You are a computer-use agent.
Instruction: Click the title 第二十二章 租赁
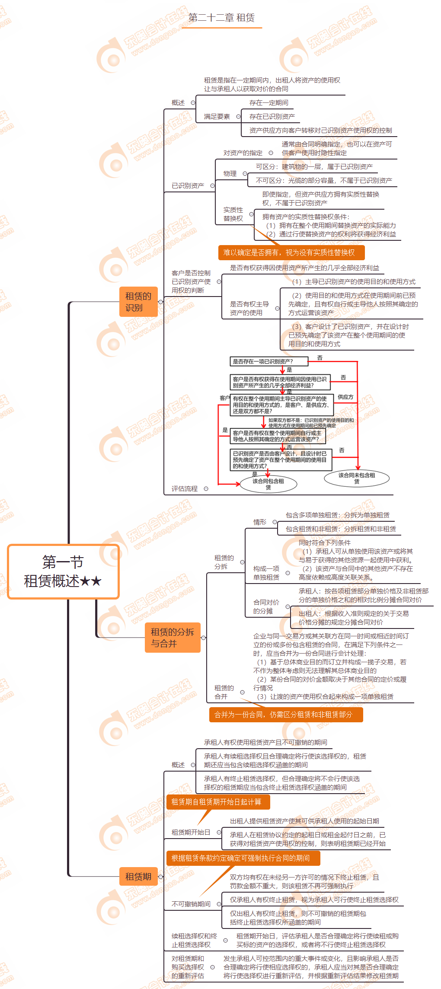(x=221, y=18)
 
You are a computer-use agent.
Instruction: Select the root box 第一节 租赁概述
(x=63, y=571)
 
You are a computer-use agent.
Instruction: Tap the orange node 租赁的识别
(x=138, y=302)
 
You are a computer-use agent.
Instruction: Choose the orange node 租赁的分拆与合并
(x=173, y=638)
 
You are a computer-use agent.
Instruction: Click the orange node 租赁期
(x=138, y=877)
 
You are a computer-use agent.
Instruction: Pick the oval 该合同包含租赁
(x=268, y=484)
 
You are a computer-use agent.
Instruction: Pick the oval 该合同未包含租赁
(x=357, y=478)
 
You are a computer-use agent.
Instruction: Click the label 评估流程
(x=185, y=489)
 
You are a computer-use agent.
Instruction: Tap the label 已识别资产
(x=188, y=186)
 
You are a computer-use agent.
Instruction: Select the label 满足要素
(x=217, y=117)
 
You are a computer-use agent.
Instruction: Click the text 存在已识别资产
(x=272, y=117)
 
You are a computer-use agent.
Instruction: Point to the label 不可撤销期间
(x=191, y=904)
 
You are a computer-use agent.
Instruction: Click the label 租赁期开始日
(x=191, y=832)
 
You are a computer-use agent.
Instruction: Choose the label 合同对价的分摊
(x=266, y=606)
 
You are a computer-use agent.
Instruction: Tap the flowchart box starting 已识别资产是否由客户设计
(x=281, y=460)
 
